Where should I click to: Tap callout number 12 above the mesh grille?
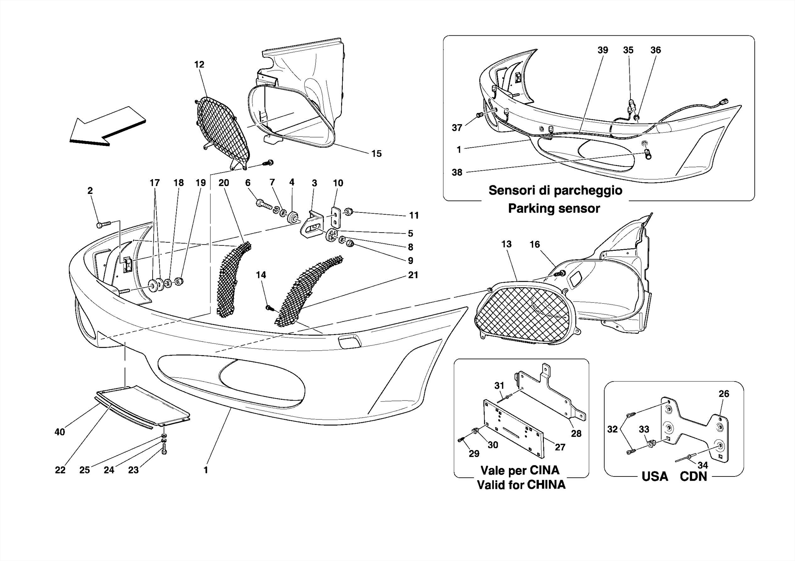pyautogui.click(x=199, y=64)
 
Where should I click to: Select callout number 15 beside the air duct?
pyautogui.click(x=376, y=154)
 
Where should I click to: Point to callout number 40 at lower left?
pyautogui.click(x=60, y=432)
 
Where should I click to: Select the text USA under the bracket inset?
pyautogui.click(x=654, y=476)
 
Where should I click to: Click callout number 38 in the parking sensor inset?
pyautogui.click(x=457, y=172)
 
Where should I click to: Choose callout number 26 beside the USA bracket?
pyautogui.click(x=724, y=394)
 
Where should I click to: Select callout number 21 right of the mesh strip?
pyautogui.click(x=413, y=275)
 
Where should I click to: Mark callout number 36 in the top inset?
pyautogui.click(x=655, y=50)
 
